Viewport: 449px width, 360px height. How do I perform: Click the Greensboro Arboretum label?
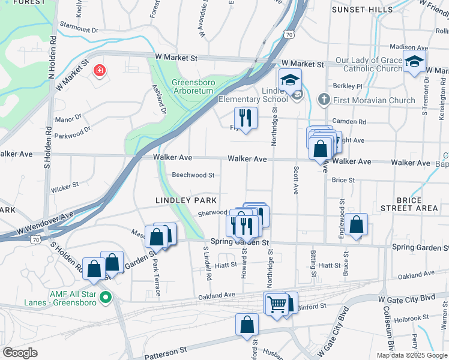193,86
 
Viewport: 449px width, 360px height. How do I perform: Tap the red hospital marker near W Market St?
98,71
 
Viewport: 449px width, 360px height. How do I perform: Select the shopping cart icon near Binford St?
276,304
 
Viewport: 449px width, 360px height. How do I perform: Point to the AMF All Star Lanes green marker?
106,296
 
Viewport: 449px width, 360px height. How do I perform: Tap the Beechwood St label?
193,175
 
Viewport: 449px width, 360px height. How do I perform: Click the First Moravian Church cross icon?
323,100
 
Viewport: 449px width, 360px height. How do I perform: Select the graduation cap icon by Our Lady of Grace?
414,62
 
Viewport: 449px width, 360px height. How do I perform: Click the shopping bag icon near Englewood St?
356,225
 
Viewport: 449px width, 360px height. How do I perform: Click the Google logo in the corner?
20,353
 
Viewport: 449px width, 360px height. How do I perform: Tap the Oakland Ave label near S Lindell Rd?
217,295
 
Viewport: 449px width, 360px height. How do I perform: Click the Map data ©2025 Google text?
411,355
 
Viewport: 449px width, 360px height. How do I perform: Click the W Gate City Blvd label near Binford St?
406,298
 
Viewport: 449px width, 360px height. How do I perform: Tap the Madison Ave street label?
409,47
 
